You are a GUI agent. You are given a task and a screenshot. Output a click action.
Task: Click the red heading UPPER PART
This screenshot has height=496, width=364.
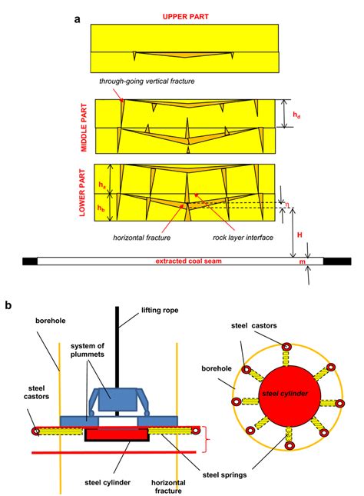(181, 15)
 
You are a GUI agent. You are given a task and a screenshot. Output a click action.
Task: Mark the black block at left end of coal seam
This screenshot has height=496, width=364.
(29, 262)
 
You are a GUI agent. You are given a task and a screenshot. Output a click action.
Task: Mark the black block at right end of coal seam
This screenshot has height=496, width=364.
(337, 262)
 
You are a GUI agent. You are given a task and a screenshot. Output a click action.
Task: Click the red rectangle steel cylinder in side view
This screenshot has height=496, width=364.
(117, 434)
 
